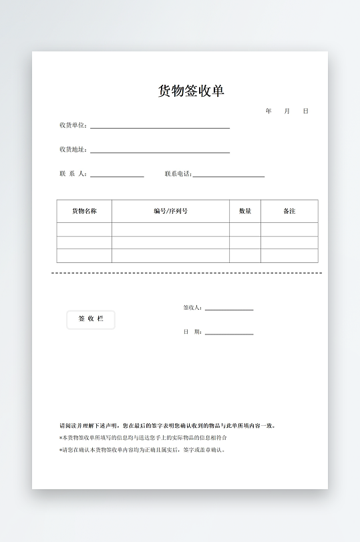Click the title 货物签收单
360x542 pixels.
[x=191, y=91]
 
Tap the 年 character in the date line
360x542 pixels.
[x=268, y=111]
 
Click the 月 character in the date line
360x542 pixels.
[x=287, y=111]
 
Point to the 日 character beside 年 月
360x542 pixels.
[x=305, y=111]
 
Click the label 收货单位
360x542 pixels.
[x=72, y=125]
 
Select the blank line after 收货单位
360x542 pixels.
[x=160, y=127]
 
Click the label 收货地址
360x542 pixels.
[x=72, y=150]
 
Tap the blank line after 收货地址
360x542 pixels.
[x=160, y=152]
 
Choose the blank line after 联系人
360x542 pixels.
[x=117, y=176]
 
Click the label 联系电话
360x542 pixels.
[x=178, y=174]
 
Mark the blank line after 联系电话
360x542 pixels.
[x=228, y=176]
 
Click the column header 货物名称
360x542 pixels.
[x=84, y=211]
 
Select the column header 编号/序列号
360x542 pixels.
[x=170, y=211]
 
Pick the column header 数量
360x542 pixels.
[x=245, y=211]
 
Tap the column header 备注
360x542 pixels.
[x=289, y=211]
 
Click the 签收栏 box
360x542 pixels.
[x=91, y=320]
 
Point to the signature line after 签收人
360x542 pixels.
[x=229, y=310]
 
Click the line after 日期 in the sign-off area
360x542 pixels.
[x=229, y=334]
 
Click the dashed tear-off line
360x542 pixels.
[x=187, y=273]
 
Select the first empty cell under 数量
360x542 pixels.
[x=245, y=230]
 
